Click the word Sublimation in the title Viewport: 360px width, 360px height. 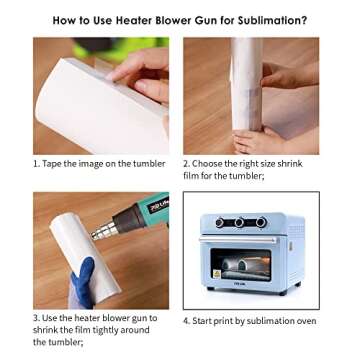click(x=270, y=20)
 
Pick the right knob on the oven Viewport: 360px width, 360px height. click(x=262, y=223)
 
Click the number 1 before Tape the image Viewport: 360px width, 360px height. click(x=36, y=163)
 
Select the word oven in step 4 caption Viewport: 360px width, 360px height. click(x=306, y=321)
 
